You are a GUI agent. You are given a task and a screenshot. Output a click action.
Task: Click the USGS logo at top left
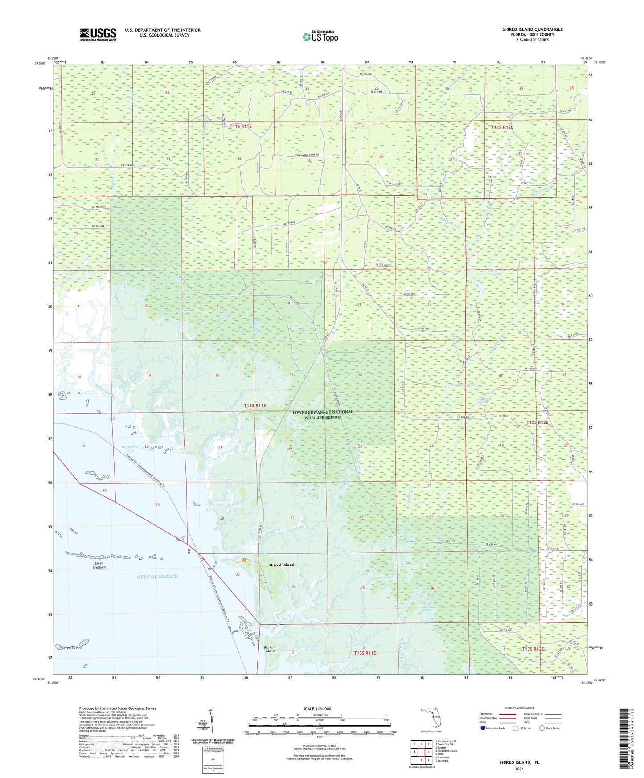coord(98,34)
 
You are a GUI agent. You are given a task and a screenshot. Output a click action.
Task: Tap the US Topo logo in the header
coord(320,37)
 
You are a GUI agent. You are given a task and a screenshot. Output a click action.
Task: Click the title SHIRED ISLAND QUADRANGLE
coord(532,29)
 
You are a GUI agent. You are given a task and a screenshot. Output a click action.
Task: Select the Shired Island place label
coord(281,565)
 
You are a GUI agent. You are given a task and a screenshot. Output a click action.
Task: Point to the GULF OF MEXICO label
coord(157,577)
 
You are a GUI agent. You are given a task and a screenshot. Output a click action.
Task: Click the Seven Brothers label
coord(99,565)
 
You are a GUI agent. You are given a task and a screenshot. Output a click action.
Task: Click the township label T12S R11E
coord(255,405)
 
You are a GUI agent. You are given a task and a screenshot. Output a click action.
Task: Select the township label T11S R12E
coord(502,127)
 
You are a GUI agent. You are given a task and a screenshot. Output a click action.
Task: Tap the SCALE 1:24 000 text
coord(317,709)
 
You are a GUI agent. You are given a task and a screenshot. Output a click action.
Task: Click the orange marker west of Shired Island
coord(244,560)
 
